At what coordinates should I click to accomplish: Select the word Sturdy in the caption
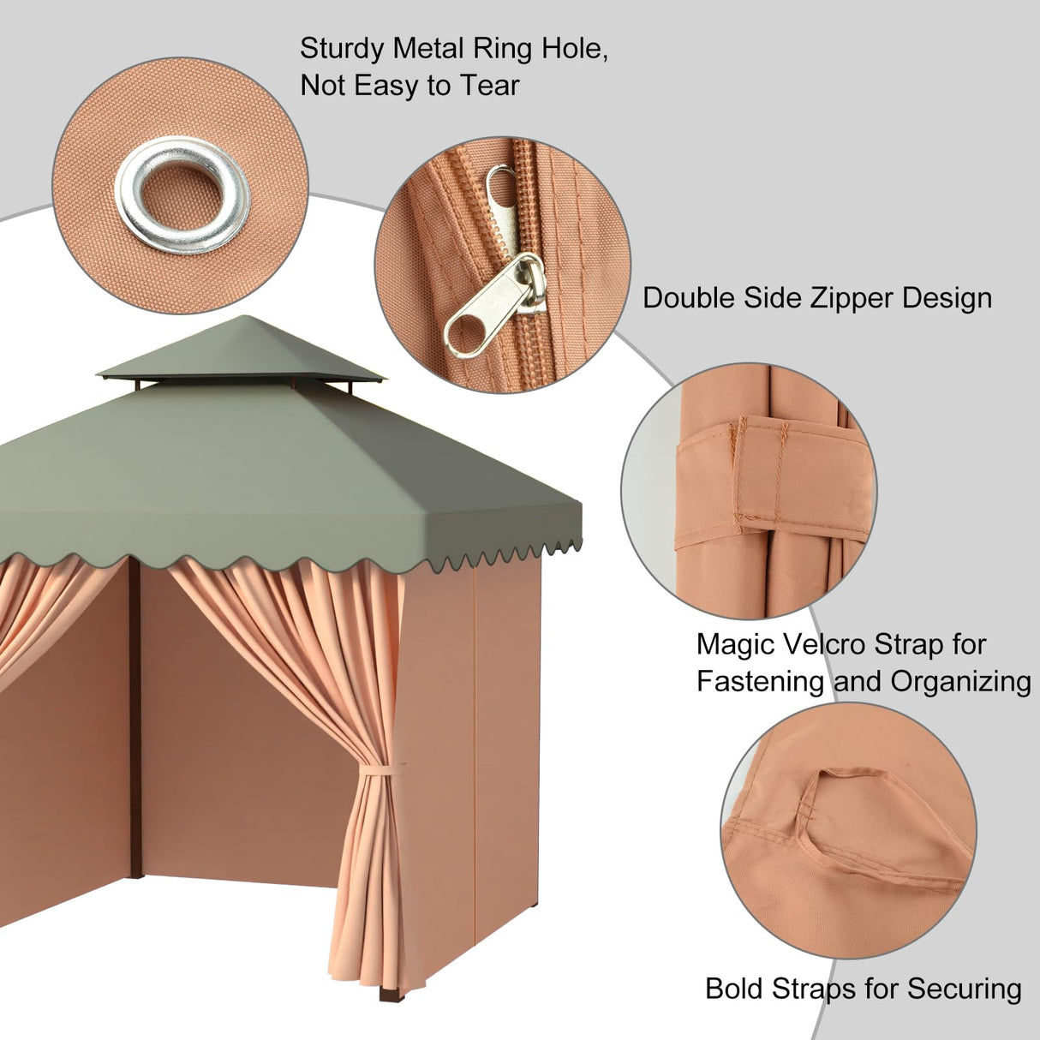pos(342,49)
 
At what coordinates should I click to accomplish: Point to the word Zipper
pos(848,298)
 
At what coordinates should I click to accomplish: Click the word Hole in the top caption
pos(576,49)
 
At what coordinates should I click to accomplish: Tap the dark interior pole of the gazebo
pos(134,720)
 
